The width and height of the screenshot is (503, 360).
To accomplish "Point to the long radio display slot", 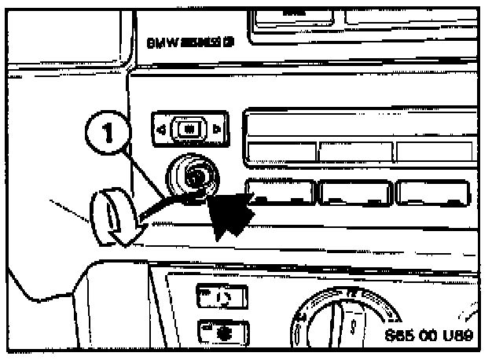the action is coord(357,125).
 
